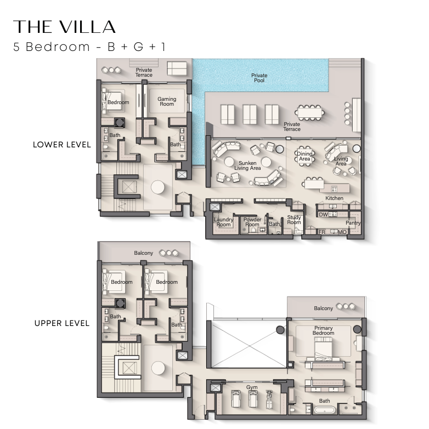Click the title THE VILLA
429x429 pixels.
coord(64,27)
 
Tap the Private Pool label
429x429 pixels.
coord(259,78)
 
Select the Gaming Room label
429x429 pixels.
coord(167,101)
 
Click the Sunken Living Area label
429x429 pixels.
coord(247,165)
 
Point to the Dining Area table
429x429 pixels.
coord(304,156)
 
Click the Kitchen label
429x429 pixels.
coord(334,198)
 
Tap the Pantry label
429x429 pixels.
coord(353,222)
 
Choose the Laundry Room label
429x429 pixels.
coord(223,222)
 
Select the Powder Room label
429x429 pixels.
coord(252,222)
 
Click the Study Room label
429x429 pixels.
coord(294,220)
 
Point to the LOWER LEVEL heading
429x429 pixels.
coord(62,145)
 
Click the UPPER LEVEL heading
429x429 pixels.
coord(62,323)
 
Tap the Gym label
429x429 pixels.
coord(252,387)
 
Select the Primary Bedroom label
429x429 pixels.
coord(323,330)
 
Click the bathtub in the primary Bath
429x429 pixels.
coord(324,410)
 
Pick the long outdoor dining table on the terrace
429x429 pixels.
coord(310,113)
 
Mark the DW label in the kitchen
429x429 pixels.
coord(323,215)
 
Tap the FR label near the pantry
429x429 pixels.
coord(322,232)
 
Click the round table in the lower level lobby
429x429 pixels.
coord(157,188)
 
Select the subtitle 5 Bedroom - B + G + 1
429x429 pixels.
coord(89,47)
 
